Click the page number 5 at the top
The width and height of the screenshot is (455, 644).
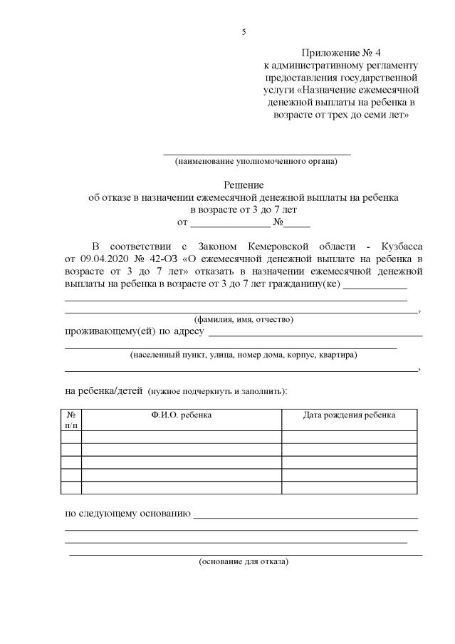(x=244, y=32)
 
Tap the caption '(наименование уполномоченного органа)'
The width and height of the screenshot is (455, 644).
(x=256, y=161)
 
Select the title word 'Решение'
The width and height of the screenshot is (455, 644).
(x=244, y=185)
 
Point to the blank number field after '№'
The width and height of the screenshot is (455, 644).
(x=301, y=221)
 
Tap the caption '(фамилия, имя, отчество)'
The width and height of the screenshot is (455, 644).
(x=244, y=319)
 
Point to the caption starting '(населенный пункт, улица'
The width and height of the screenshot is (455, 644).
(x=244, y=355)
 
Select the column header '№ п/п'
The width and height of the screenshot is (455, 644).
(x=71, y=420)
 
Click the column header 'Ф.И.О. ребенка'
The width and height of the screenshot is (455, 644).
(x=182, y=415)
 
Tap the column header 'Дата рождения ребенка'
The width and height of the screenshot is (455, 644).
(x=349, y=415)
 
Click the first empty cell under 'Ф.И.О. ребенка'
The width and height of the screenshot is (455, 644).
(x=182, y=436)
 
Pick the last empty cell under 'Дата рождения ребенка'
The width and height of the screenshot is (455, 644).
(x=349, y=487)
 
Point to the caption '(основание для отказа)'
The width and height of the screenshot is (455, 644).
(x=244, y=561)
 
